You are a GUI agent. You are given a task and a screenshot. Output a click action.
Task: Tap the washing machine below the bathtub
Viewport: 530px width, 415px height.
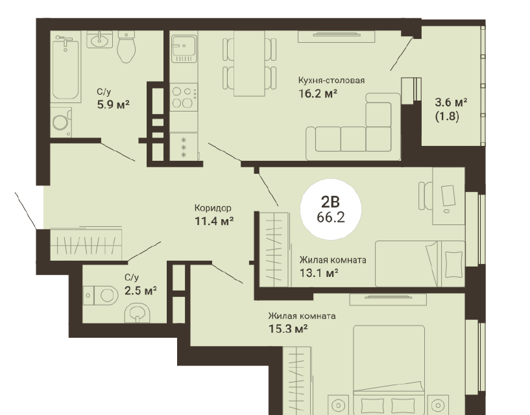[x=61, y=123]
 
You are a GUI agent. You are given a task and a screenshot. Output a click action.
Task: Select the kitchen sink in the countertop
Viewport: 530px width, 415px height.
[x=184, y=49]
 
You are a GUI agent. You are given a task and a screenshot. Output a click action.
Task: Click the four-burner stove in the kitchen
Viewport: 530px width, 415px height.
[x=184, y=97]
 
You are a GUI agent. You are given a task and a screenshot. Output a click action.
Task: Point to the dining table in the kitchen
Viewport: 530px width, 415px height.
[x=249, y=64]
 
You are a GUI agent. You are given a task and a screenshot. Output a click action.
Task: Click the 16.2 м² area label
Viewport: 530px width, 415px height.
[x=318, y=93]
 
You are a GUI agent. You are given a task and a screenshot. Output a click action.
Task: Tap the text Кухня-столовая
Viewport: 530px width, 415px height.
[x=331, y=80]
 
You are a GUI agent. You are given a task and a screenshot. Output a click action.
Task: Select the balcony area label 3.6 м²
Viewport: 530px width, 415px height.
[x=451, y=102]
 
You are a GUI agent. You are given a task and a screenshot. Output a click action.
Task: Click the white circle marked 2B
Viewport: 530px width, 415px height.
[x=331, y=209]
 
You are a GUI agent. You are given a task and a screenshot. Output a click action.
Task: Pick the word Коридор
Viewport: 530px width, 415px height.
[x=213, y=208]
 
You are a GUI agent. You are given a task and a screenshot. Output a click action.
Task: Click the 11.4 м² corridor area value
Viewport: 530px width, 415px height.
[x=214, y=221]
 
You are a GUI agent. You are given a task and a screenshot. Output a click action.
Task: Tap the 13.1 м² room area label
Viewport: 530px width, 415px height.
[x=319, y=272]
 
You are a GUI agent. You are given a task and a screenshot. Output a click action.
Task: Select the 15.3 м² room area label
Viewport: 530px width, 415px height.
[x=287, y=328]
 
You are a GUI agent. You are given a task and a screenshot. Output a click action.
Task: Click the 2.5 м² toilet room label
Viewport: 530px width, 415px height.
[x=140, y=290]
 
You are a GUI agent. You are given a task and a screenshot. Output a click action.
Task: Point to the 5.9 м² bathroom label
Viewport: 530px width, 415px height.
[x=114, y=104]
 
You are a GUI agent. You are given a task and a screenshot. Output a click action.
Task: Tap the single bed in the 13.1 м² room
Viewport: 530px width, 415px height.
[x=420, y=264]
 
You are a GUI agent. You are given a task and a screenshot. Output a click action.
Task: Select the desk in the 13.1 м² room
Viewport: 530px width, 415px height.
[x=449, y=196]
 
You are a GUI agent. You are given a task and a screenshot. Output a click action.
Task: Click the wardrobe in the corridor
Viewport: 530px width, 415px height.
[x=86, y=244]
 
